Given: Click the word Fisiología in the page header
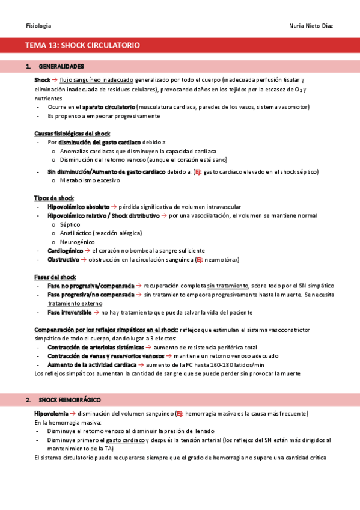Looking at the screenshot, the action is [x=38, y=26].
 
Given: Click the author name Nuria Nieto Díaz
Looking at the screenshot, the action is [x=311, y=26].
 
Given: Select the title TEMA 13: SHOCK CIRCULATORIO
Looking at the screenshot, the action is [x=82, y=45].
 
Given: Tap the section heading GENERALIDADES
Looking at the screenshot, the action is [x=61, y=66].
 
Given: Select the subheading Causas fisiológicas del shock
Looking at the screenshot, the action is [x=72, y=133].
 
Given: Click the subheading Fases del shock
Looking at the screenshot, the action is [x=55, y=277].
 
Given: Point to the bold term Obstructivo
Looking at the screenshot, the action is [x=63, y=260].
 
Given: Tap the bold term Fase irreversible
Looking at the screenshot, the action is [x=70, y=313].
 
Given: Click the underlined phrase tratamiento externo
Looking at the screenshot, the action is [x=71, y=304].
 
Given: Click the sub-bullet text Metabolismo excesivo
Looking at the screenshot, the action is [x=90, y=180].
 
